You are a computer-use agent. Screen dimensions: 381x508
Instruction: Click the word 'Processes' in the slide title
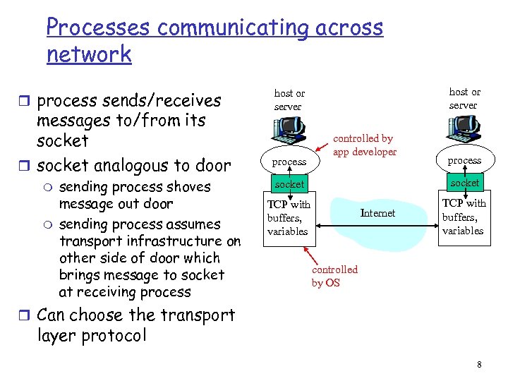click(98, 28)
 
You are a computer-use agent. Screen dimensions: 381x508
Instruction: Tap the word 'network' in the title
click(89, 54)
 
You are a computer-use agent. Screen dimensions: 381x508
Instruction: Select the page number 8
click(479, 365)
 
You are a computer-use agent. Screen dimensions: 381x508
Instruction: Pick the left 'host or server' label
click(289, 99)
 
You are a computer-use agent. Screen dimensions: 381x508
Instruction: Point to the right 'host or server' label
click(464, 98)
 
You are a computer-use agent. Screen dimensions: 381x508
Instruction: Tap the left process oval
click(289, 162)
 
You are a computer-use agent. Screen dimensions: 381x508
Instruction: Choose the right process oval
click(464, 160)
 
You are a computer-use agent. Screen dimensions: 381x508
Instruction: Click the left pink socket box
click(289, 184)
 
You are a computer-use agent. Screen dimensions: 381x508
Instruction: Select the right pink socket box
click(464, 183)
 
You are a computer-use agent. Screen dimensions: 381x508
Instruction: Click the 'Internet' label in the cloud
click(377, 213)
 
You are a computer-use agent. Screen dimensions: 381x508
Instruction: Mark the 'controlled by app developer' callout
click(364, 145)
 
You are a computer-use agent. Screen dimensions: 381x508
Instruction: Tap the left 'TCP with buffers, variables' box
click(289, 218)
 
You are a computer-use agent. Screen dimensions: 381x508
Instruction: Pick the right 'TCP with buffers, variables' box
click(464, 217)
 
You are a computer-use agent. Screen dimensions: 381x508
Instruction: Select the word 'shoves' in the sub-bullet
click(184, 187)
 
